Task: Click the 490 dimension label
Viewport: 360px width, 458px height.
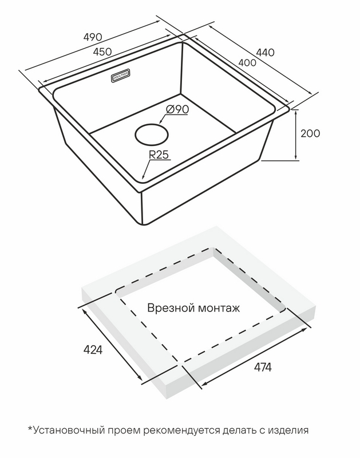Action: [93, 37]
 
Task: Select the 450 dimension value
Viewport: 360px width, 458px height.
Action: [102, 52]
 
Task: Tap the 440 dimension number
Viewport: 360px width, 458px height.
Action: [265, 52]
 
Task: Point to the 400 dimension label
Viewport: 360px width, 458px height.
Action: [247, 62]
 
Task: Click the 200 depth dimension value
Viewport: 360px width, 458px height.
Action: [310, 133]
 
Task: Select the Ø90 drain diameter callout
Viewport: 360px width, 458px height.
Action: [177, 109]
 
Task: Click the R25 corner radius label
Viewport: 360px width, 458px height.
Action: [159, 155]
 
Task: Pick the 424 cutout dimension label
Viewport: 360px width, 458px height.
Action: [93, 349]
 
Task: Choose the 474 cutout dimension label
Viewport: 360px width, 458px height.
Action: [263, 368]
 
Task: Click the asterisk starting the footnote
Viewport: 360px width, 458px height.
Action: [30, 428]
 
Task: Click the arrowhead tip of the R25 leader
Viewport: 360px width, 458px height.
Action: [142, 179]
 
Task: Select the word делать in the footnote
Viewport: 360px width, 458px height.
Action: [238, 431]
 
